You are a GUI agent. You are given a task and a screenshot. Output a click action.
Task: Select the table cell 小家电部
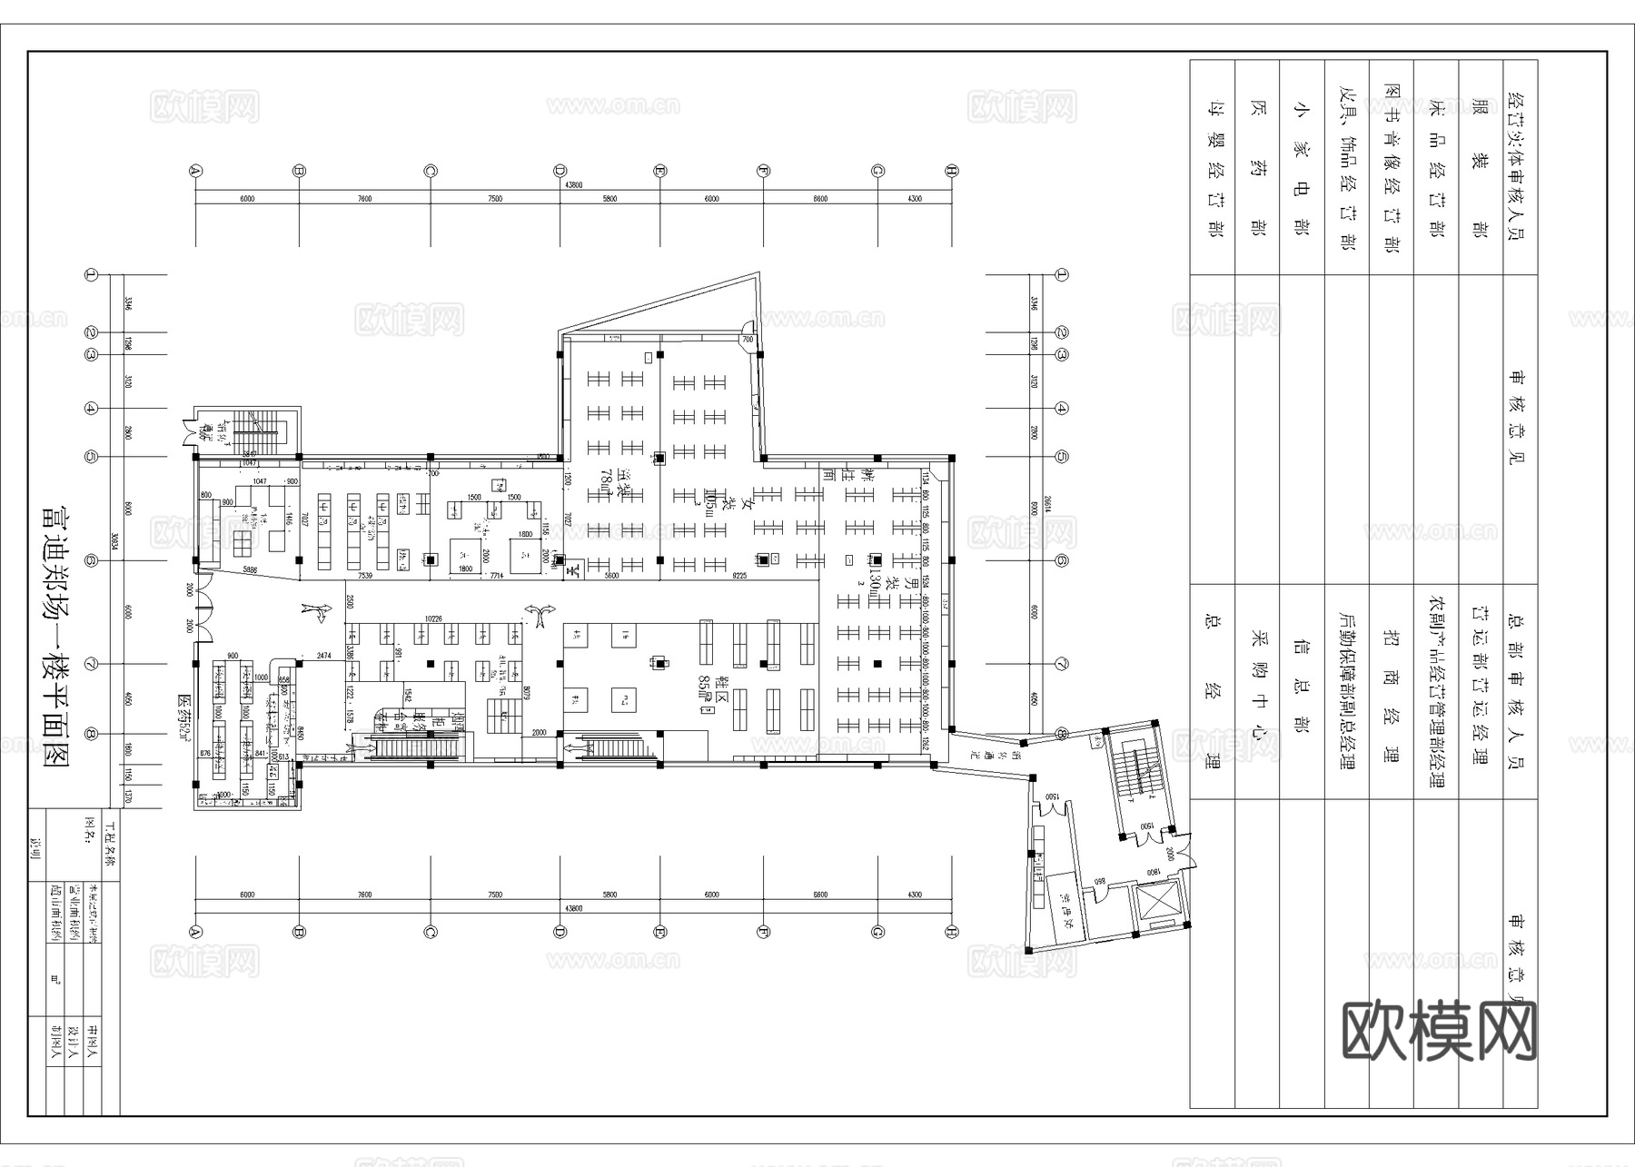(x=1301, y=168)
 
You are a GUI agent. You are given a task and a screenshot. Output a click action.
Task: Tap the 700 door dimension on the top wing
(x=748, y=340)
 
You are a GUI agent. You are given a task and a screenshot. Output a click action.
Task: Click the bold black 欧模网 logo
(x=1439, y=1031)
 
